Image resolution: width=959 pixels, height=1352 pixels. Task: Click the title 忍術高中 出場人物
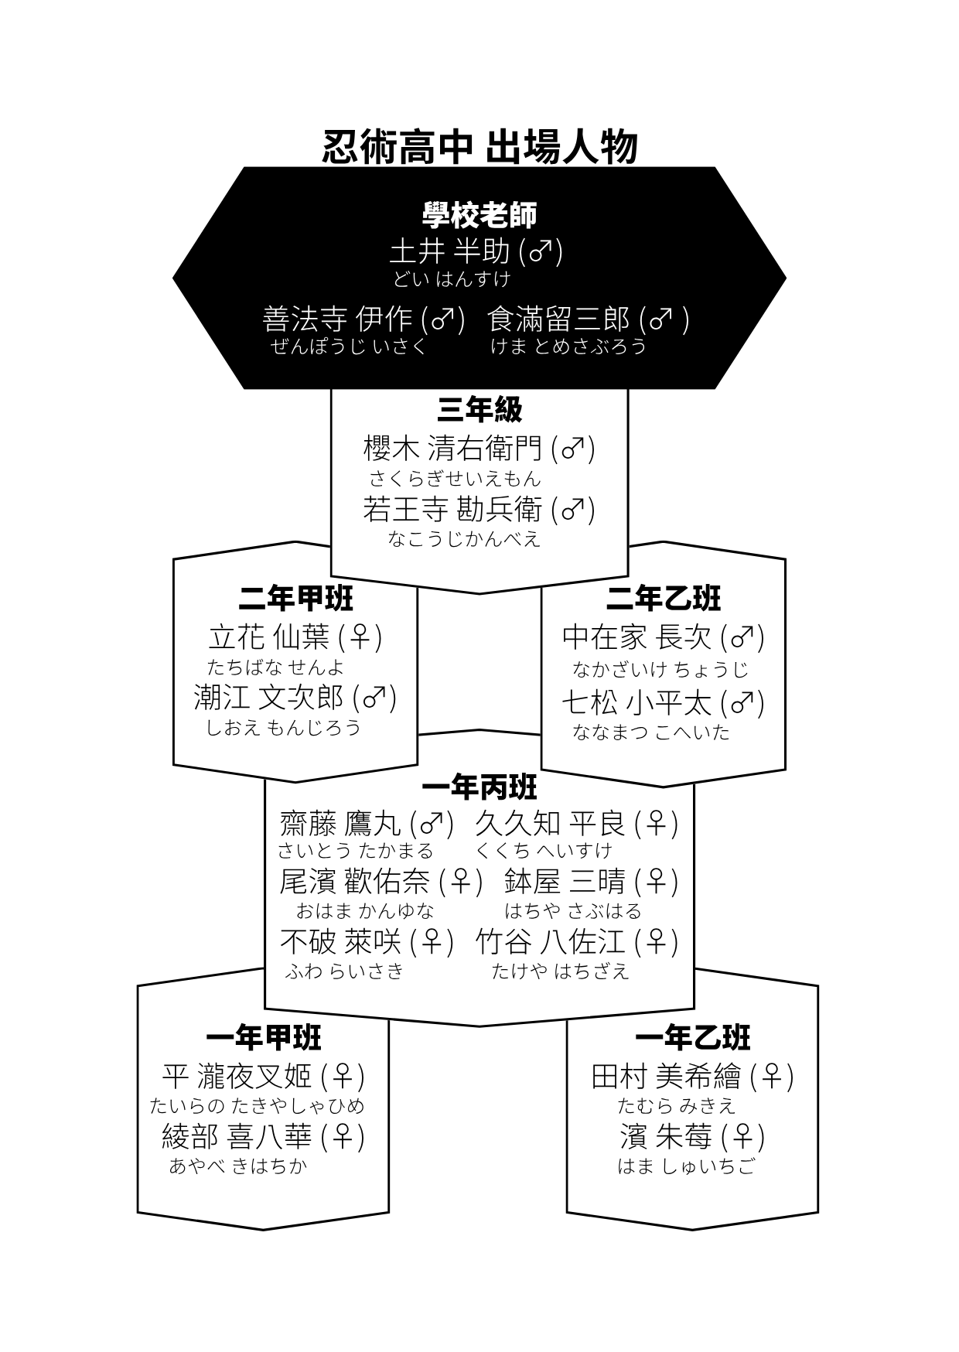[x=479, y=147]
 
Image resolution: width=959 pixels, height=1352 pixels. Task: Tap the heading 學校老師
[x=479, y=215]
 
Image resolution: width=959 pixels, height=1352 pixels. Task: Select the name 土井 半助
[x=449, y=251]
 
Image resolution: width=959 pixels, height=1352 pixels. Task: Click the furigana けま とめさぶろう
[x=568, y=346]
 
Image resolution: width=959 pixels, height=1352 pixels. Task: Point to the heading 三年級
[x=479, y=410]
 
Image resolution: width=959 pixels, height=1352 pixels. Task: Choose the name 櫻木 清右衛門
[x=453, y=448]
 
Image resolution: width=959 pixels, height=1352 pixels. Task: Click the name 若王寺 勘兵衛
[x=453, y=508]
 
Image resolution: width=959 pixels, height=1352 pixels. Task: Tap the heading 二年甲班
[x=295, y=598]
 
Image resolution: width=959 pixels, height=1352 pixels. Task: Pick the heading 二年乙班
[x=664, y=598]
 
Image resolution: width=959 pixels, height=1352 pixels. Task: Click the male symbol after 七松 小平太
[x=742, y=702]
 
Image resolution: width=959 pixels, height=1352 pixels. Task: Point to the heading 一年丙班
[x=479, y=788]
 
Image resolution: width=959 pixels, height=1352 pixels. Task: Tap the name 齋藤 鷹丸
[x=341, y=824]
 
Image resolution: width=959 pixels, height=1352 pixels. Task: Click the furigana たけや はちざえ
[x=561, y=971]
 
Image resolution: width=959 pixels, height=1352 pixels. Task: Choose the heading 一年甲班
[x=264, y=1038]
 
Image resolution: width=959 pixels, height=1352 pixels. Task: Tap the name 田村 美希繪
[x=667, y=1076]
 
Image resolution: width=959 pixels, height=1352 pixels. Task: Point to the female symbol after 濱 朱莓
[x=742, y=1136]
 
